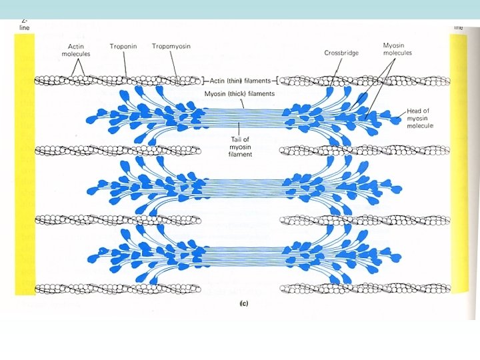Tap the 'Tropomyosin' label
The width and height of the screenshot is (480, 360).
point(170,47)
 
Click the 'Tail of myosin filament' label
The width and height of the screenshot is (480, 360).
point(239,144)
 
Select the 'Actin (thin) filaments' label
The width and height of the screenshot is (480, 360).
point(239,81)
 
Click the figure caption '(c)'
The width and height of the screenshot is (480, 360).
point(244,303)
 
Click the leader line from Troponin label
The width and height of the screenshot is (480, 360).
point(124,63)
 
